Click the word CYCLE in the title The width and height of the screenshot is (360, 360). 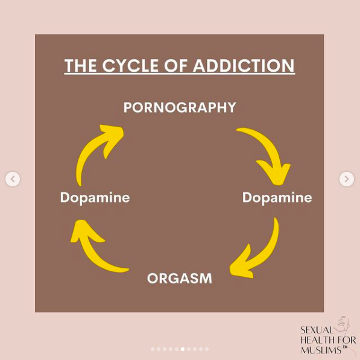130,66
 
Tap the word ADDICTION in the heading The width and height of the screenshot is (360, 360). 244,66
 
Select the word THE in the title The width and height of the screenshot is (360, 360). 81,66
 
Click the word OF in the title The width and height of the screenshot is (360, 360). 175,66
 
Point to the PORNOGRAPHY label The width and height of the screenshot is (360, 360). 180,107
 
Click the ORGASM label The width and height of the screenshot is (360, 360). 180,278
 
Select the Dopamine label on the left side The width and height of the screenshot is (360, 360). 95,197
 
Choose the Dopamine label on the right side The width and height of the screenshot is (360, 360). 277,197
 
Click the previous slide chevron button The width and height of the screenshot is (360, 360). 13,179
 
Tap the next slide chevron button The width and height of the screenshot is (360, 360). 347,179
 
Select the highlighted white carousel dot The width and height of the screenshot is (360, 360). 183,349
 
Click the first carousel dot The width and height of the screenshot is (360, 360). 153,349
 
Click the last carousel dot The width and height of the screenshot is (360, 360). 207,349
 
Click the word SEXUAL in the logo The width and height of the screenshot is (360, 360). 317,330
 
